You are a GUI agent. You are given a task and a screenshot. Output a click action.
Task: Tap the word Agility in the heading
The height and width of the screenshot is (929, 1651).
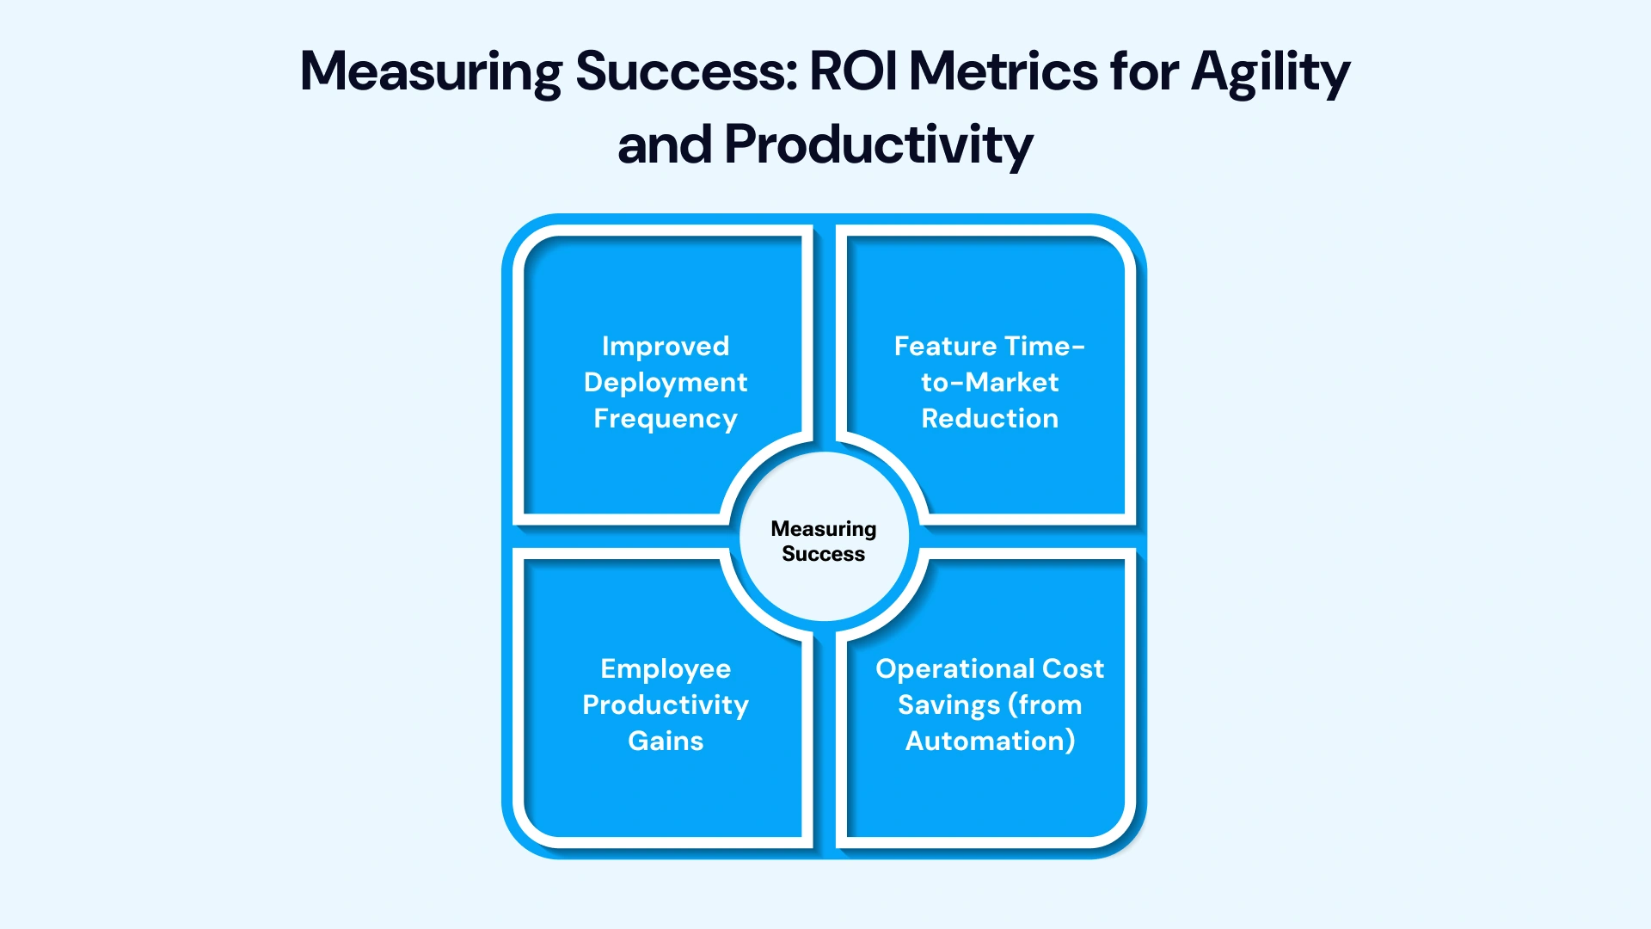[1270, 72]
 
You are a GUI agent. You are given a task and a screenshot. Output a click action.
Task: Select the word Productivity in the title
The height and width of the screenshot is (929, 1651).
[878, 145]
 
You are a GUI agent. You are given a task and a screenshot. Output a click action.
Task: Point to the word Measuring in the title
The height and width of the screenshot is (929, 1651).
[431, 72]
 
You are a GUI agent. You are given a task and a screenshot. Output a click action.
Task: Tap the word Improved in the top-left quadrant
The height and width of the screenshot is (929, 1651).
[666, 346]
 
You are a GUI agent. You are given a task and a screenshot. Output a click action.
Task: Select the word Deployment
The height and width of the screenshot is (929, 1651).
[666, 382]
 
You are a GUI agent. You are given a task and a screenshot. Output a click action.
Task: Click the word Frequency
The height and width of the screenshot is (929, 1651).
[666, 419]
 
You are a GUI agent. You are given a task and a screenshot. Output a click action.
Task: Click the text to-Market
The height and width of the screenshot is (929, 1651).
[990, 382]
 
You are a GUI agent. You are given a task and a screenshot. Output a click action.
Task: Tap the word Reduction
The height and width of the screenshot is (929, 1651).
[990, 418]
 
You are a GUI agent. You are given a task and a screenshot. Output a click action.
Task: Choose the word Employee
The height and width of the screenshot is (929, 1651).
[666, 669]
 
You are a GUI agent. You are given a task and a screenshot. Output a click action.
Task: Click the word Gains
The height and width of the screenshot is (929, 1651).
[666, 741]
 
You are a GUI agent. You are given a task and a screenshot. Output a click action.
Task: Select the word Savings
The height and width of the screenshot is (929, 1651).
[948, 705]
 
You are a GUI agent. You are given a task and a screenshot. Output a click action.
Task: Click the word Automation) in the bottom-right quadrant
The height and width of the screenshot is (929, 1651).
[990, 741]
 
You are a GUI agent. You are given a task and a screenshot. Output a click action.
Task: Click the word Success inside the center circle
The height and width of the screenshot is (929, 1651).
[823, 554]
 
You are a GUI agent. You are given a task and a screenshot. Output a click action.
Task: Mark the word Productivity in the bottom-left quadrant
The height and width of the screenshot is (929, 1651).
[666, 705]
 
